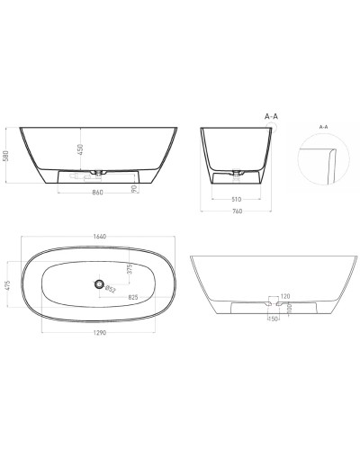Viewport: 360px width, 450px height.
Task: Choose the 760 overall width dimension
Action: point(237,212)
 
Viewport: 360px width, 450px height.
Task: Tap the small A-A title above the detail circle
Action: point(323,128)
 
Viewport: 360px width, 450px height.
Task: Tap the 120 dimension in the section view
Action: point(283,296)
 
